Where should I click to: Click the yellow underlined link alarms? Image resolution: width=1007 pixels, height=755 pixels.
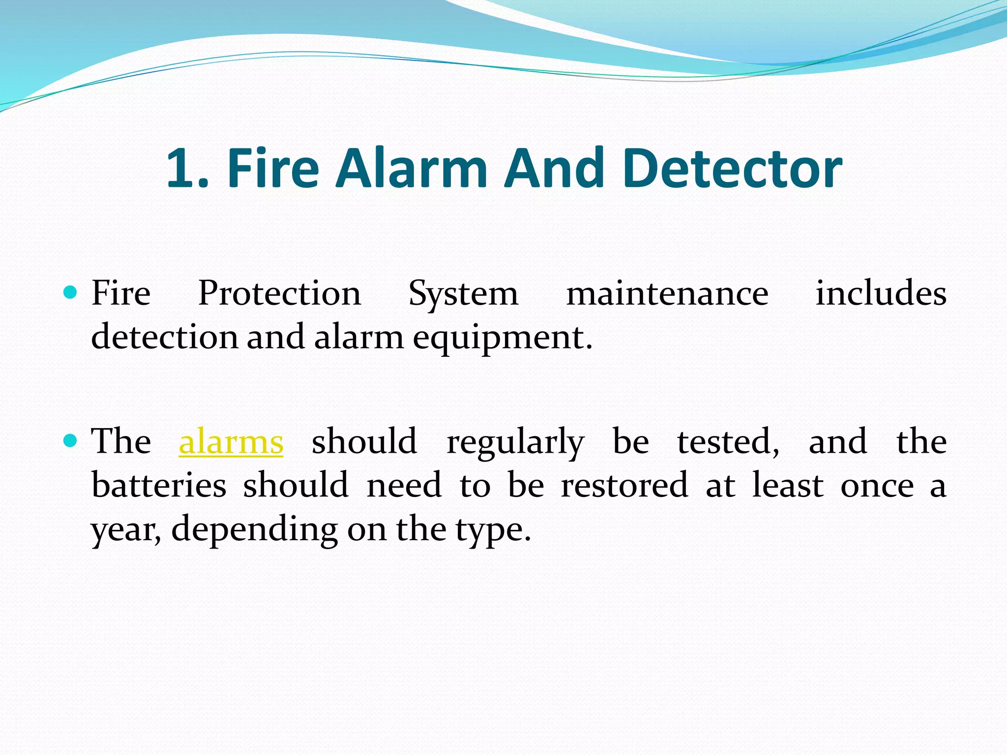[x=231, y=442]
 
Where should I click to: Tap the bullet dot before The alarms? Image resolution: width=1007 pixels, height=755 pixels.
[x=71, y=440]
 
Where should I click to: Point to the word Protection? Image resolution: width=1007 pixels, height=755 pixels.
[x=279, y=294]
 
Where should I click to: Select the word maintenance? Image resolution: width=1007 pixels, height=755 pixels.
[x=667, y=294]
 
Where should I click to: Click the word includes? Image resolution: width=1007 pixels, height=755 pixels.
[x=881, y=293]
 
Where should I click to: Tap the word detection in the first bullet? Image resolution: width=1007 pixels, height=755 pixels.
[x=164, y=337]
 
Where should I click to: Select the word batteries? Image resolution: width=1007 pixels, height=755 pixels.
[x=159, y=485]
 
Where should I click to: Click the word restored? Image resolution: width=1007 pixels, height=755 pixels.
[x=624, y=485]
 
